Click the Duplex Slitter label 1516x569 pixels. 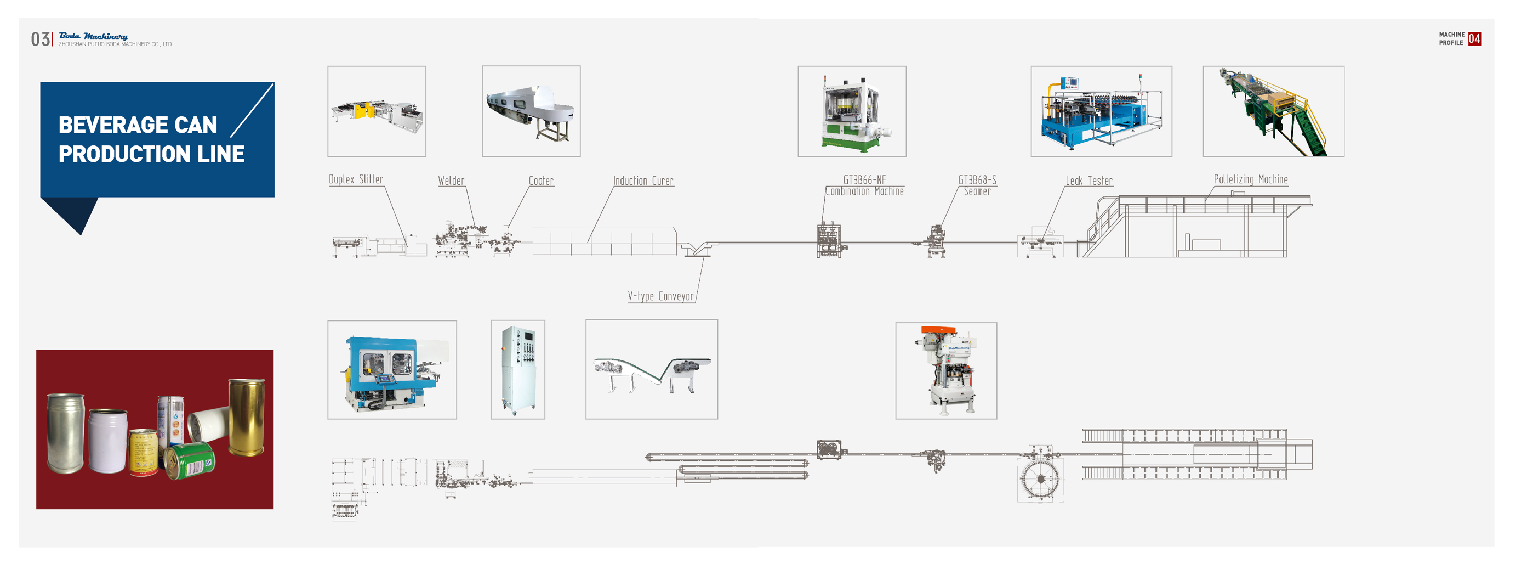tap(356, 179)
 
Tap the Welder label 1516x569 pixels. tap(451, 181)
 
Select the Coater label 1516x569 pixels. tap(541, 181)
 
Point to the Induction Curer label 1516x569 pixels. tap(643, 181)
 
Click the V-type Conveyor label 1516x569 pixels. tap(660, 296)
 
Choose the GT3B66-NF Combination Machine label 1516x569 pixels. tap(864, 185)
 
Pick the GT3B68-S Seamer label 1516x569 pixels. tap(977, 185)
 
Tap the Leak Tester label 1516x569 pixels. tap(1088, 181)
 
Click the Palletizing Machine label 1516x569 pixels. tap(1251, 179)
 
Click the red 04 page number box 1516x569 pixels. tap(1474, 39)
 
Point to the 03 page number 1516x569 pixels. tap(40, 40)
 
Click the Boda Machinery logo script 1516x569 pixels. tap(93, 37)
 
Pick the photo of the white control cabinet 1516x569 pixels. tap(518, 369)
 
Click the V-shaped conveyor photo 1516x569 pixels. tap(652, 369)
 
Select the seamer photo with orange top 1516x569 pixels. tap(946, 370)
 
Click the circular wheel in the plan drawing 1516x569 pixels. tap(1040, 478)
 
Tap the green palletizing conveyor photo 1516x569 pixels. tap(1274, 111)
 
